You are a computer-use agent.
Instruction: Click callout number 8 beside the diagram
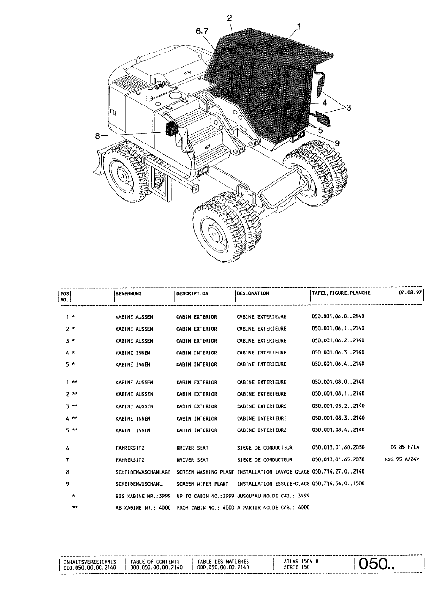[x=97, y=136]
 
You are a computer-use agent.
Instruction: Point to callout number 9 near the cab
[x=337, y=143]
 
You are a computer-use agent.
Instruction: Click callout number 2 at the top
[x=230, y=18]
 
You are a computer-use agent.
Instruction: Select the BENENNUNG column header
[x=129, y=293]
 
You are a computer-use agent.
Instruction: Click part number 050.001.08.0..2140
[x=338, y=382]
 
